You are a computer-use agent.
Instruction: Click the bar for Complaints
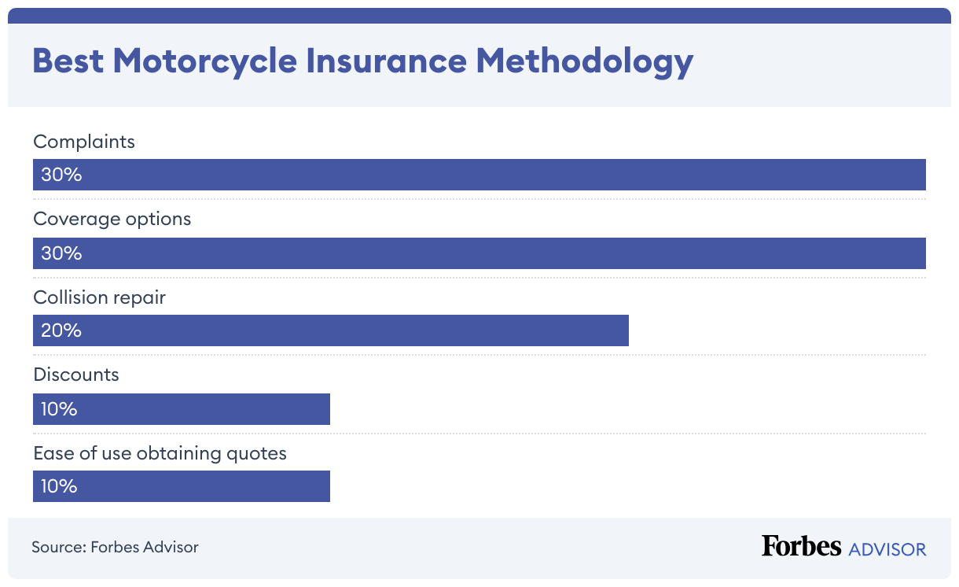pos(479,175)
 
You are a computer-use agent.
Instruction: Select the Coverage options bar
pos(479,253)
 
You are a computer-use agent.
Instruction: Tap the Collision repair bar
pos(330,330)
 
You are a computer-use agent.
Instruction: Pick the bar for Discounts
pos(182,409)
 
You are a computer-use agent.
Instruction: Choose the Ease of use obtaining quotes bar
pos(182,486)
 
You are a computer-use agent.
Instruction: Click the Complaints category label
pos(84,142)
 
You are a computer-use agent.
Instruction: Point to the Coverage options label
pos(112,219)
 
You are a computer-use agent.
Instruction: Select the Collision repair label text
pos(99,298)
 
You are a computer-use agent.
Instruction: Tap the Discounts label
pos(76,375)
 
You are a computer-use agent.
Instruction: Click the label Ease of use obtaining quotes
pos(160,453)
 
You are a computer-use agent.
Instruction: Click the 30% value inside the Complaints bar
pos(61,175)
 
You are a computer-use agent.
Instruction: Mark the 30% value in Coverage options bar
pos(61,253)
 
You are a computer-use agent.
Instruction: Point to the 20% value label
pos(61,330)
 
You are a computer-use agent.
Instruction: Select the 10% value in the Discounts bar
pos(59,409)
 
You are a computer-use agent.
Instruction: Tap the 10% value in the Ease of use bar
pos(59,486)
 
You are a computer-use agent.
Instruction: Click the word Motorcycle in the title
pos(204,61)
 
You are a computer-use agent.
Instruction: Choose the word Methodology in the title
pos(585,61)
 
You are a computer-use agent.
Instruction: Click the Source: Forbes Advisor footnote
pos(115,547)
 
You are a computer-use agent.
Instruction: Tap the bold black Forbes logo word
pos(801,547)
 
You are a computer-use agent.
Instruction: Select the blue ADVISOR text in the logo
pos(887,548)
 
